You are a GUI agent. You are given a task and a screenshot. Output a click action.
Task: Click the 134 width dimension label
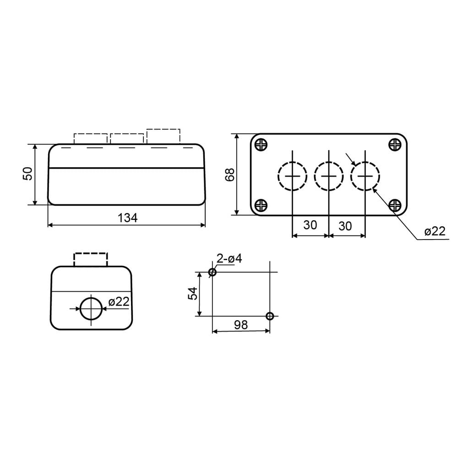(127, 218)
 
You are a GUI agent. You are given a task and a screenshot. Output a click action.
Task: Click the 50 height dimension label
(28, 174)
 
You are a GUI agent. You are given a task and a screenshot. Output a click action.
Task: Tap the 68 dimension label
(230, 174)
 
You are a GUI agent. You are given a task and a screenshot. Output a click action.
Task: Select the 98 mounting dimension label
(241, 325)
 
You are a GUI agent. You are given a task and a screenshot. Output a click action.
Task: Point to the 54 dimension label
(193, 294)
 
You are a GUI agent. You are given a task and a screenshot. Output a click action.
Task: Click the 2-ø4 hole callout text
(229, 258)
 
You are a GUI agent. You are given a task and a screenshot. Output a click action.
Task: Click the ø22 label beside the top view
(435, 231)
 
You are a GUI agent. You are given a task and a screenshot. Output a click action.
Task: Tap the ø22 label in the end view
(119, 301)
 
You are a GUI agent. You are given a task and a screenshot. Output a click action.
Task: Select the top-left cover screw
(261, 144)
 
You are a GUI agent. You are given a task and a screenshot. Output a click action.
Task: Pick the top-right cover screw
(395, 144)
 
